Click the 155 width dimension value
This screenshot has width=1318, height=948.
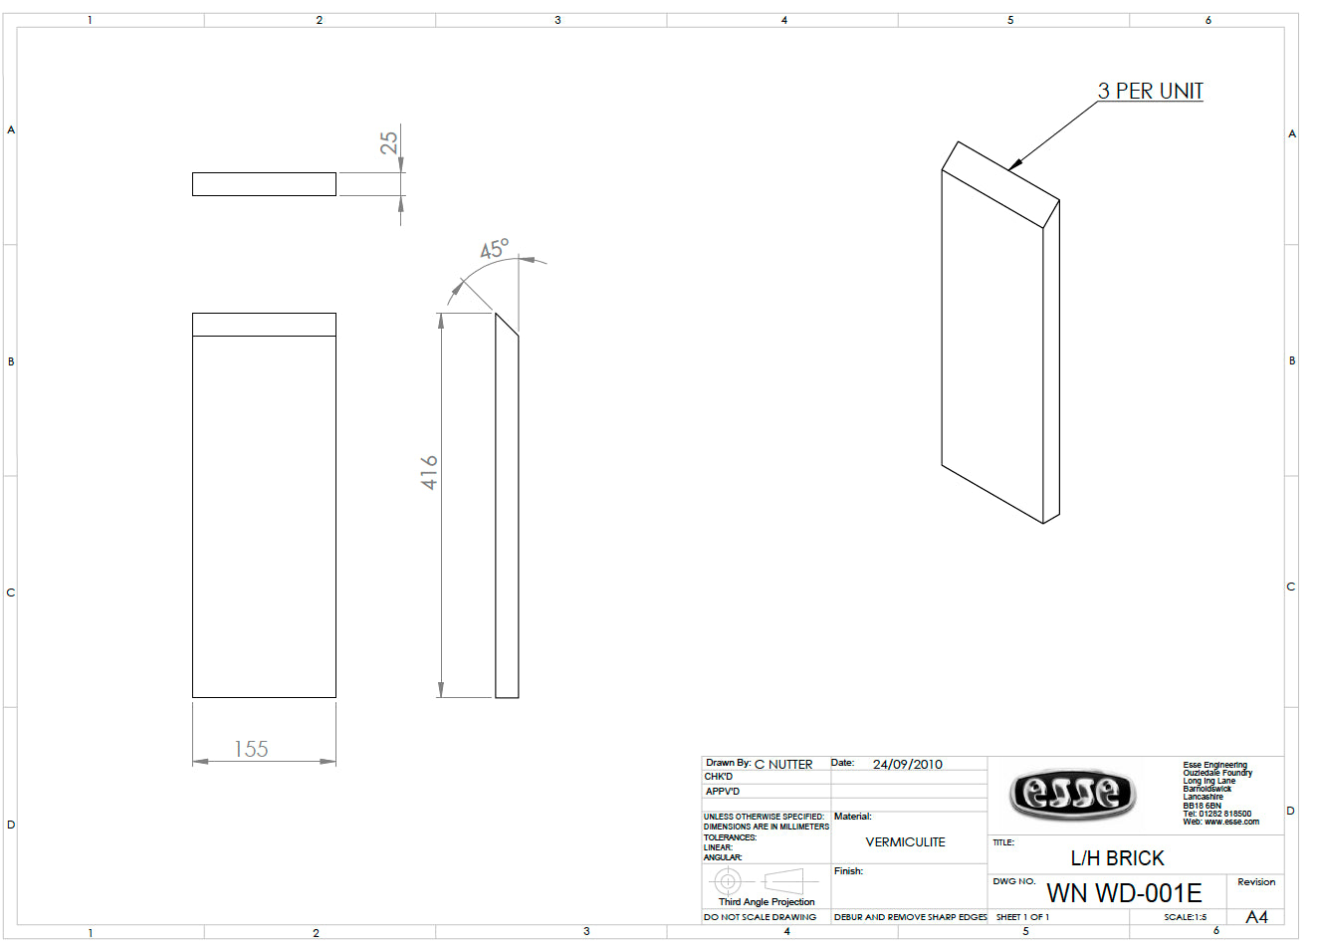[251, 749]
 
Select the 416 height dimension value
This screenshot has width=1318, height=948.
[429, 473]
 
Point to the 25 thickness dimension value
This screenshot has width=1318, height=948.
[389, 142]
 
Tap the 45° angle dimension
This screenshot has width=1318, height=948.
[494, 249]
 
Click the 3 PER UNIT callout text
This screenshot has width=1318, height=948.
[1151, 92]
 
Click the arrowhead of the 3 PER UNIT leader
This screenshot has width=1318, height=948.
[1015, 164]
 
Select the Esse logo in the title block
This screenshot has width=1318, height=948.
[1072, 794]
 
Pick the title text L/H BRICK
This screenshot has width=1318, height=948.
[1117, 858]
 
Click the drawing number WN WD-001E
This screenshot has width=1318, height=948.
[1124, 893]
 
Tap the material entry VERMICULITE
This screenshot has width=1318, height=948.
[905, 842]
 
